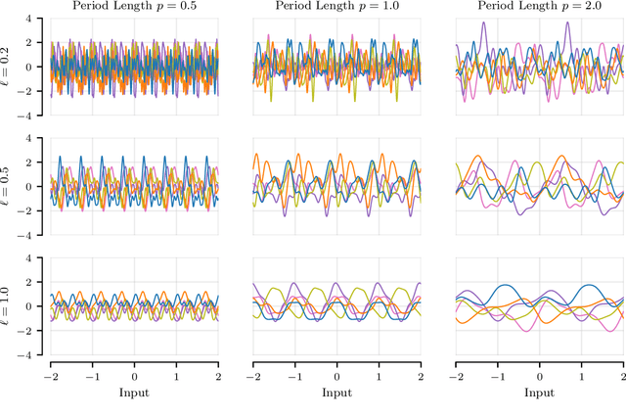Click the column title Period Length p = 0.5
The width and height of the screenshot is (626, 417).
click(134, 7)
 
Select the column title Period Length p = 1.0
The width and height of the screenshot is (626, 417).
click(336, 7)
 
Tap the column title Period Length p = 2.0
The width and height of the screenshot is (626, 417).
click(540, 7)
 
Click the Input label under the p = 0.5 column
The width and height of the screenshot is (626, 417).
click(134, 392)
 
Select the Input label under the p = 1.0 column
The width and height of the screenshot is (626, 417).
click(336, 392)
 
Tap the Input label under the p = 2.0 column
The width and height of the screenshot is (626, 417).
click(540, 392)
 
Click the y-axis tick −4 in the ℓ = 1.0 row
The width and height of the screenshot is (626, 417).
click(33, 355)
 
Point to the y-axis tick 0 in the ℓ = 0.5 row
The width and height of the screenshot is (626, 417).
click(37, 187)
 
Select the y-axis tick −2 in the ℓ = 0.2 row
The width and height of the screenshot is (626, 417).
click(33, 92)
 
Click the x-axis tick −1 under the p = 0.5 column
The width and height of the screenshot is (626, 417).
click(90, 375)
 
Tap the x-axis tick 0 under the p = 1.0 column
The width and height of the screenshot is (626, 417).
click(337, 375)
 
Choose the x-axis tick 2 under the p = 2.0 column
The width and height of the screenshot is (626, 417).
click(623, 375)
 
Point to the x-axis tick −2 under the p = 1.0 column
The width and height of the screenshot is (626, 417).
click(251, 375)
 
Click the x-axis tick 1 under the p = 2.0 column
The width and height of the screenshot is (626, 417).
click(582, 375)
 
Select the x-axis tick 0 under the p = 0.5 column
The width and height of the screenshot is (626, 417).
click(135, 375)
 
